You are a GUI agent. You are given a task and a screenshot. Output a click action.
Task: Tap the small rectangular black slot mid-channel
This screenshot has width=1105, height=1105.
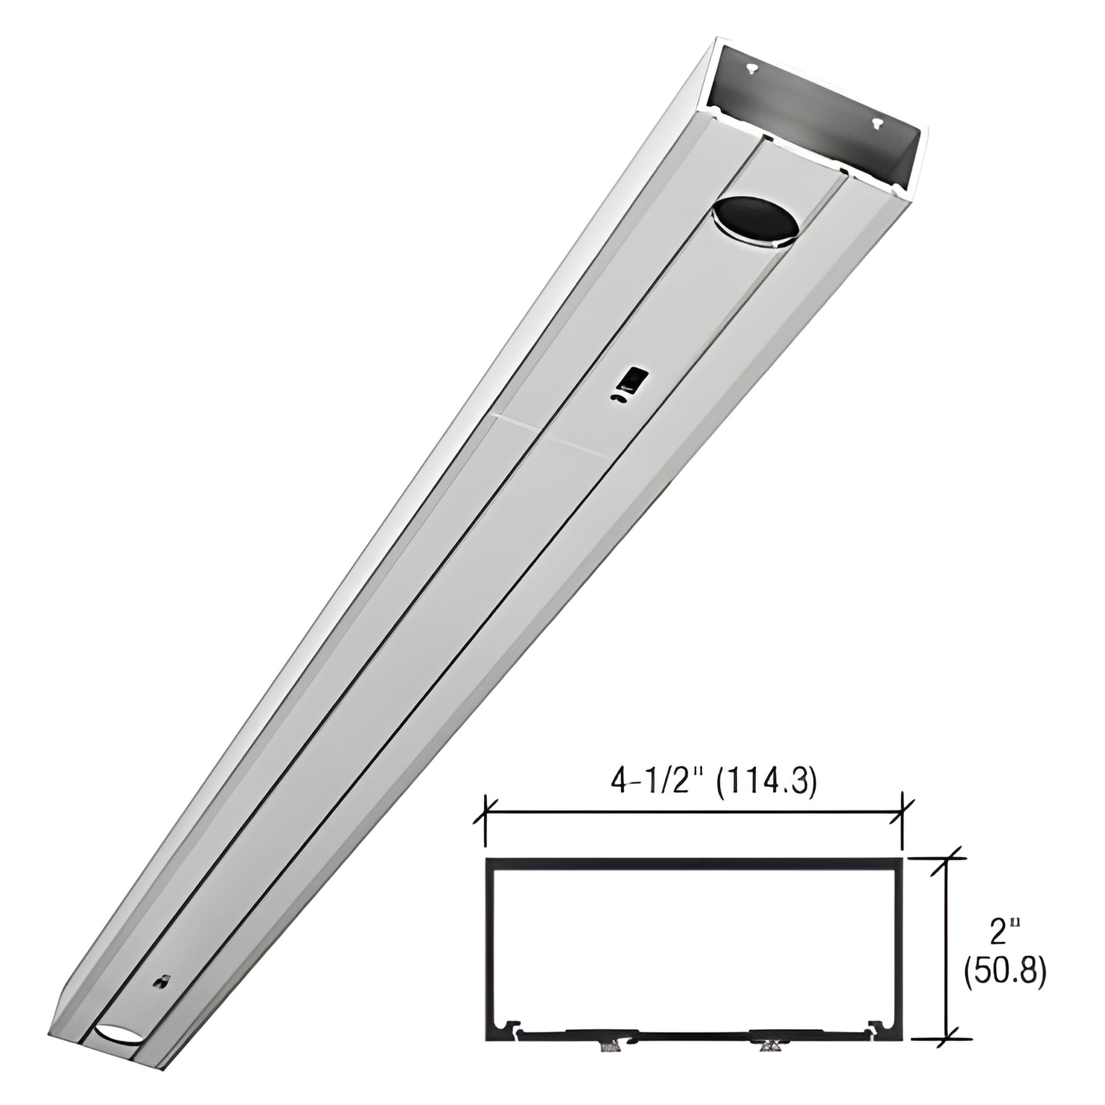(x=634, y=378)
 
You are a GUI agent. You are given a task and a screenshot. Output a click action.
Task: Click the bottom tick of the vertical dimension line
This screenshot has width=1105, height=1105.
(x=948, y=1023)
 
